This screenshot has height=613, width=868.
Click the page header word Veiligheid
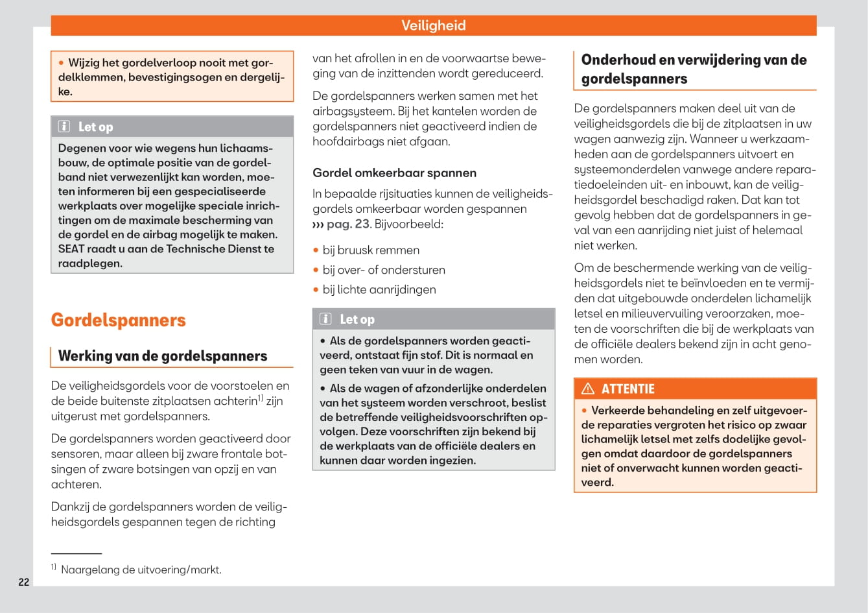coord(433,25)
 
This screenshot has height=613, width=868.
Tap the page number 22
coord(24,582)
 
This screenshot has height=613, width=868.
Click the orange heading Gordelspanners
coord(118,320)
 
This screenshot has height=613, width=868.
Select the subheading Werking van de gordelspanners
coord(162,355)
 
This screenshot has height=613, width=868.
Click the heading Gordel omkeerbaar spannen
coord(394,173)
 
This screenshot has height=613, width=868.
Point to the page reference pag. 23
coord(347,224)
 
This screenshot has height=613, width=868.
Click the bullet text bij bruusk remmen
coord(371,250)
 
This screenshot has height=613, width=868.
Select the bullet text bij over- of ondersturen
coord(384,270)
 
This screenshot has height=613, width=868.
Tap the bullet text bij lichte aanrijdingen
coord(379,289)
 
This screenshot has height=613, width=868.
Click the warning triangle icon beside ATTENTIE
coord(588,389)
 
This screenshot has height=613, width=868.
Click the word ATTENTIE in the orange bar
coord(628,389)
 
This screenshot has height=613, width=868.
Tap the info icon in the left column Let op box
coord(64,126)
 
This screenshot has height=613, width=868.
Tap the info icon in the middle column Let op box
coord(326,319)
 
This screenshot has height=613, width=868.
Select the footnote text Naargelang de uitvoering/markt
coord(141,570)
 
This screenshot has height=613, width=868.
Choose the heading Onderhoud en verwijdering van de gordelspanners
coord(694,69)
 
